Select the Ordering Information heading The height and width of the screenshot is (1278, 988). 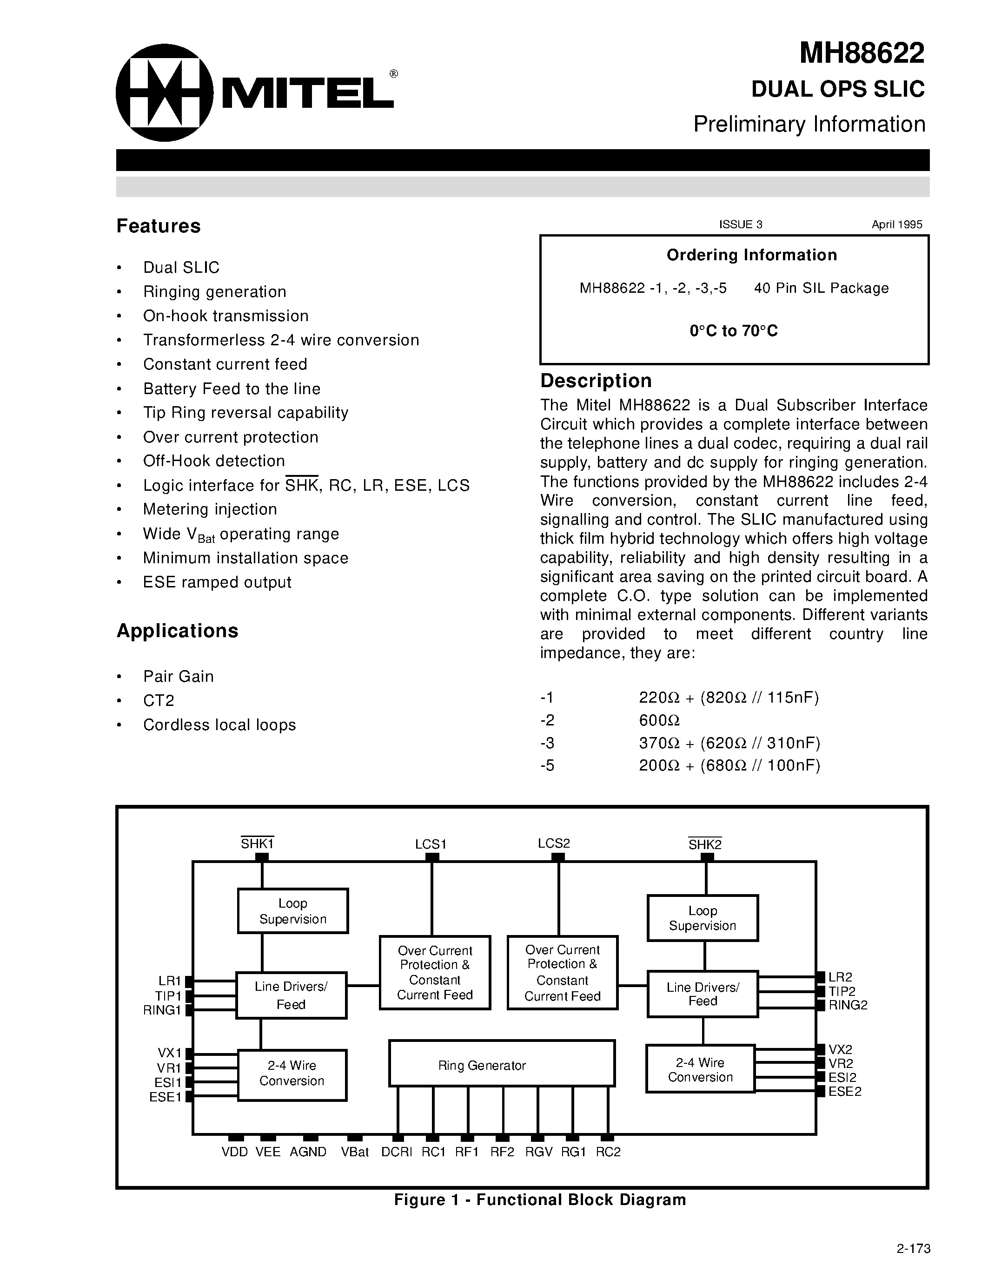click(x=751, y=255)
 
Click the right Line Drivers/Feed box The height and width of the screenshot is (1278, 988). click(x=703, y=994)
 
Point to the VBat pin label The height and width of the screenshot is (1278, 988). click(x=355, y=1152)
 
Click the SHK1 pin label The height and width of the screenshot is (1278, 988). click(x=258, y=844)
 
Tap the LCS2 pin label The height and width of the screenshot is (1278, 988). click(x=554, y=843)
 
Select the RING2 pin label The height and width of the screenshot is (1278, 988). click(x=848, y=1005)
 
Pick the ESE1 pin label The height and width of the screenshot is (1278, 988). click(x=166, y=1097)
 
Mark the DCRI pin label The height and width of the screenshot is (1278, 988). click(x=397, y=1152)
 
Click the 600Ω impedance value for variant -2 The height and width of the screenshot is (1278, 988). click(x=659, y=720)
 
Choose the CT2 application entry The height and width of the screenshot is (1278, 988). click(x=159, y=700)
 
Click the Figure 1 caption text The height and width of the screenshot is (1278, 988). click(x=540, y=1199)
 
